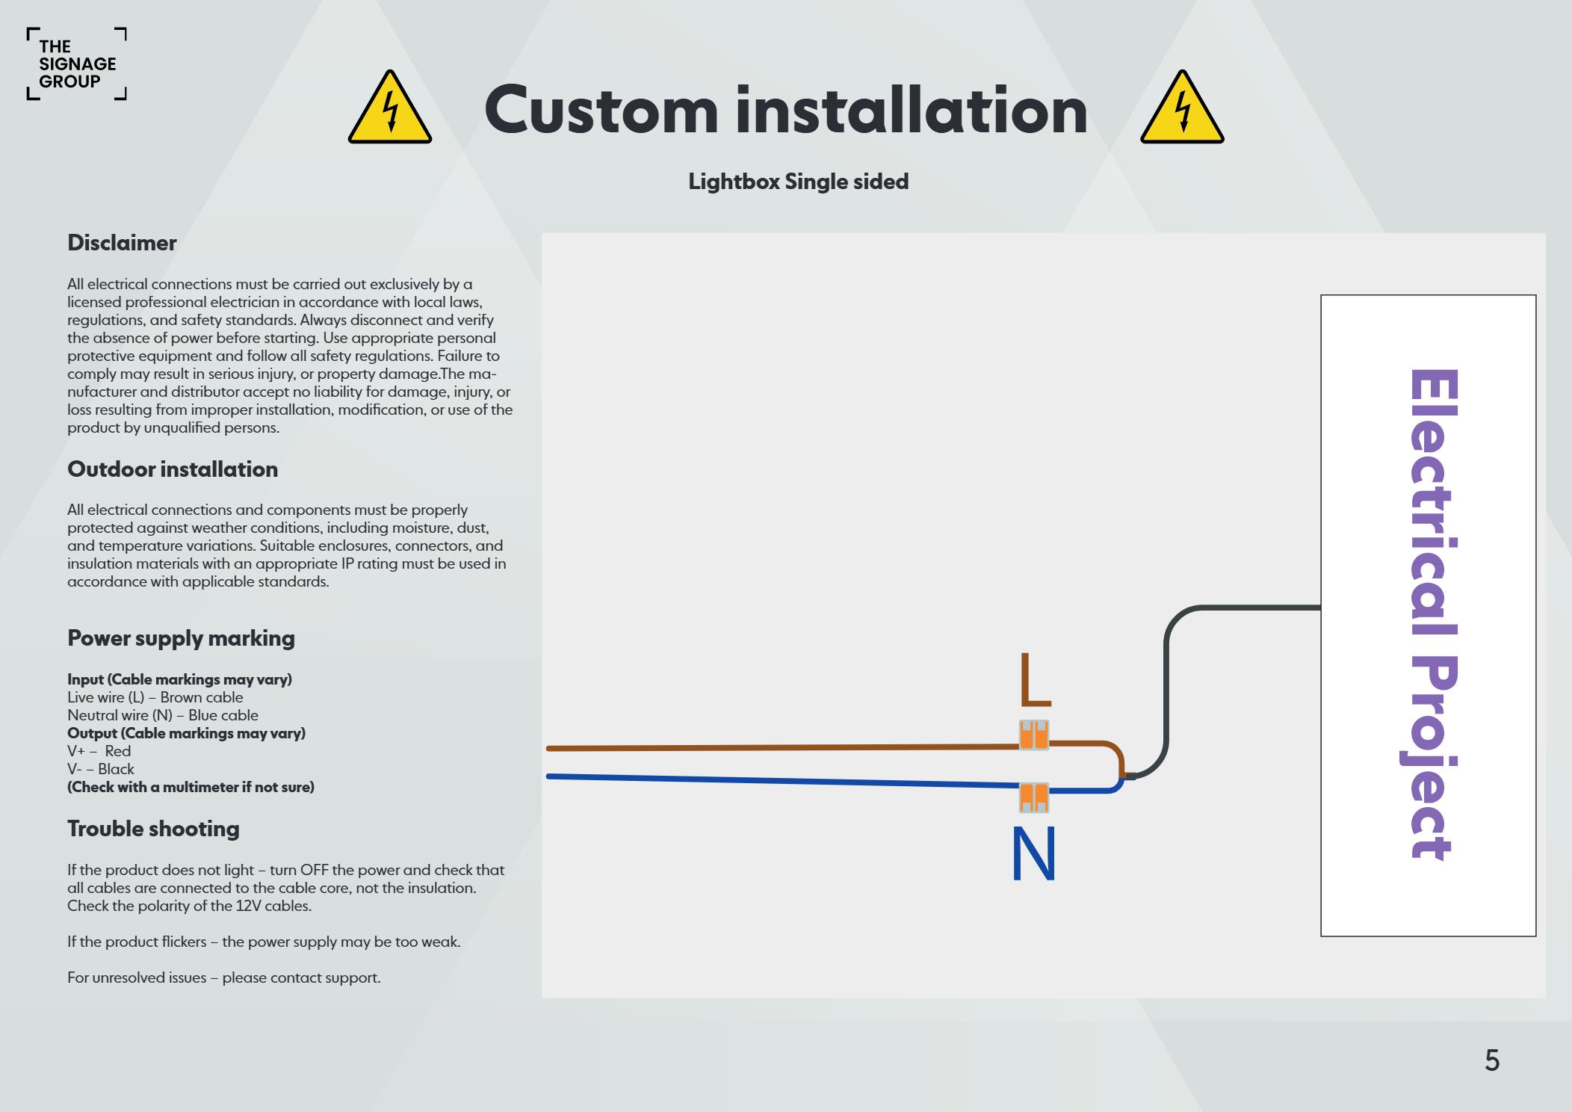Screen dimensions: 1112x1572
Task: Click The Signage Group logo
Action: click(76, 64)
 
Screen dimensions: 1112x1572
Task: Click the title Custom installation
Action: click(785, 111)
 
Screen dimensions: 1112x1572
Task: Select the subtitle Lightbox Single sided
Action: click(798, 182)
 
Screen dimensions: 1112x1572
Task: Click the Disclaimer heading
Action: click(122, 243)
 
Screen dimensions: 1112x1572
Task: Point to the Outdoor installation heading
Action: click(173, 469)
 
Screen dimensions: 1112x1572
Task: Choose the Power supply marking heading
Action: click(181, 638)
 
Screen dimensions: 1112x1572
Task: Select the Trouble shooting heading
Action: click(153, 829)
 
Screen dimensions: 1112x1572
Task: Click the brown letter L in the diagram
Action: click(1035, 680)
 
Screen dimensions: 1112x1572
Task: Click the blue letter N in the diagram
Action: click(1033, 854)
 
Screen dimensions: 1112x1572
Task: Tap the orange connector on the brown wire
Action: click(1034, 735)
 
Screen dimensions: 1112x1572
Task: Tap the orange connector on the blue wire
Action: click(1034, 797)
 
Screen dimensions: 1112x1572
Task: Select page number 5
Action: click(1491, 1060)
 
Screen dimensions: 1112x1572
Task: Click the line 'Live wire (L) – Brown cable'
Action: click(155, 697)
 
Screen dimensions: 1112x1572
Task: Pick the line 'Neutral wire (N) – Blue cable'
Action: click(163, 715)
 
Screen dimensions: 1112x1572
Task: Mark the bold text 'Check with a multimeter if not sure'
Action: click(191, 787)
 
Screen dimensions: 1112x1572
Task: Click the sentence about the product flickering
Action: click(264, 942)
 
